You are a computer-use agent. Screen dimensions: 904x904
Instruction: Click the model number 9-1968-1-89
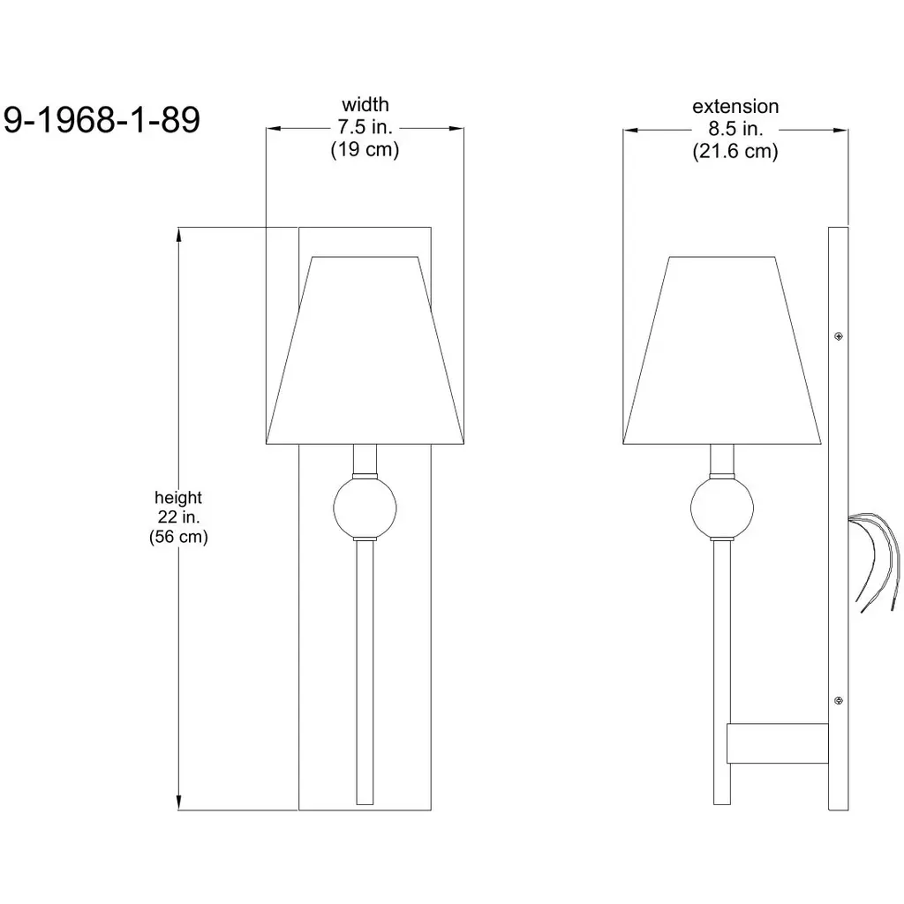102,120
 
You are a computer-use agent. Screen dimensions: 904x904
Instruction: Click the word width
365,104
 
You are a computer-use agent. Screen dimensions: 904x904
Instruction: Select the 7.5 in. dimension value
365,126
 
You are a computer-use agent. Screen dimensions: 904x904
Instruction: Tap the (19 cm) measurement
365,149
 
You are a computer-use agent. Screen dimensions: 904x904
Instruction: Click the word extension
735,106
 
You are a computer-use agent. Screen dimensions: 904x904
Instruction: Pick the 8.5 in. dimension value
735,128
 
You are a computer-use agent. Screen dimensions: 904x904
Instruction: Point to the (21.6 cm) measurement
735,151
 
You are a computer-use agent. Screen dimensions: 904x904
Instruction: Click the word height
178,497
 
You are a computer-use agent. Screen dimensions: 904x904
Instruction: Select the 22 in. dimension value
178,516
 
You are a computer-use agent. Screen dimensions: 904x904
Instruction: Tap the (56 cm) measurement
178,537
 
